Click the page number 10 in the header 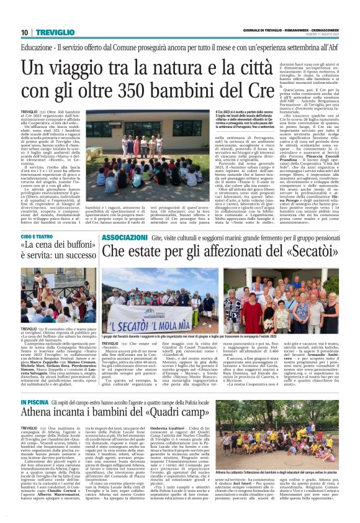click(x=25, y=32)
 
